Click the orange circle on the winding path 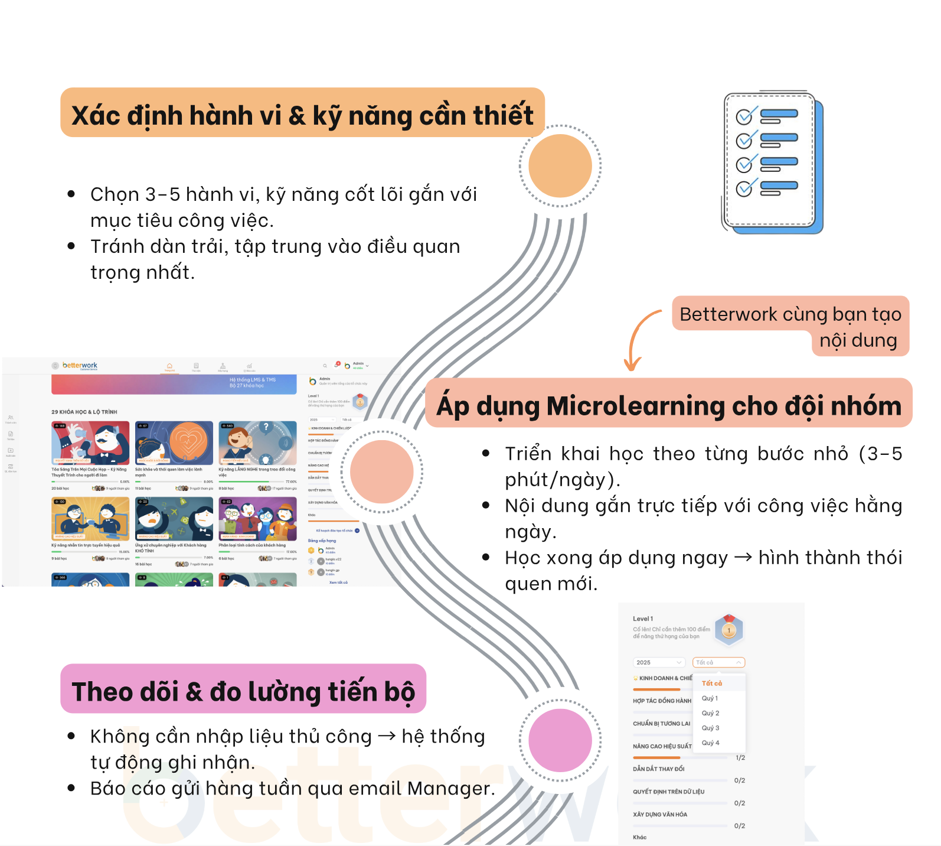[560, 166]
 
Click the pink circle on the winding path [560, 740]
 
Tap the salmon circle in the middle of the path [381, 471]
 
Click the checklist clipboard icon [772, 162]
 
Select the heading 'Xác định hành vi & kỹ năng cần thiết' [302, 115]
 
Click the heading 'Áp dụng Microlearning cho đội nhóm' [668, 405]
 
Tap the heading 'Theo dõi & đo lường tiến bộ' [243, 691]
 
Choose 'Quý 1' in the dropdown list [710, 698]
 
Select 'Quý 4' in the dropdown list [710, 743]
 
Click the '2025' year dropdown [659, 662]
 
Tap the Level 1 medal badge [728, 630]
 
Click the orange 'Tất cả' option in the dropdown [712, 683]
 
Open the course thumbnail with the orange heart [174, 443]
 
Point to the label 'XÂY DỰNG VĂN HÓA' [660, 814]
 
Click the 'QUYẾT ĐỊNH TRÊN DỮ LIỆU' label [668, 792]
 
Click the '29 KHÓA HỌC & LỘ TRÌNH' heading [84, 412]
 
